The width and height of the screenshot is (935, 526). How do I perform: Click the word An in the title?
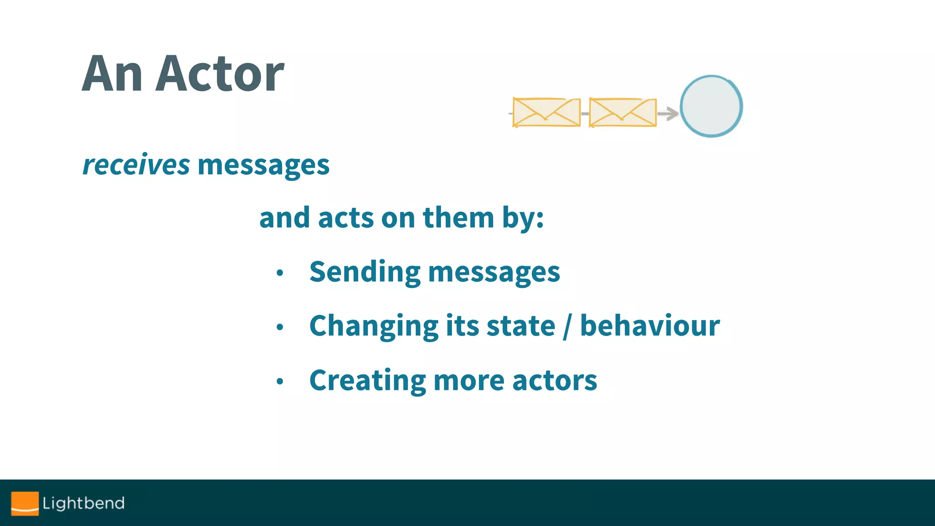112,74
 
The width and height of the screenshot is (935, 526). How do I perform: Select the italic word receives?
136,165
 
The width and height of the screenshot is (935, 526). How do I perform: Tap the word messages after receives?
263,166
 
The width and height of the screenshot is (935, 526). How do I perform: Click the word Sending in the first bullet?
364,272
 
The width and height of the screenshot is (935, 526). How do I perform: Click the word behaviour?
650,326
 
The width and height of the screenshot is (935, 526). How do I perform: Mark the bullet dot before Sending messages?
280,273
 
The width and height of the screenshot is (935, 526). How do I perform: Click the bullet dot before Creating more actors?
280,381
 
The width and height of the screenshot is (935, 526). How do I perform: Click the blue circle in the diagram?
711,106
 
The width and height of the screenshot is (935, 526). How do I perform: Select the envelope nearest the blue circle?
623,112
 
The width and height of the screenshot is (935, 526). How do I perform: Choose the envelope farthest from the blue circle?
546,112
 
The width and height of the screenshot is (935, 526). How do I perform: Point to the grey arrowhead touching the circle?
671,113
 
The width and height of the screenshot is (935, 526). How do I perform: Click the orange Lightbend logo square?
25,503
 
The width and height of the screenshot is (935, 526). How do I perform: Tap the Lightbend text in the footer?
84,503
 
